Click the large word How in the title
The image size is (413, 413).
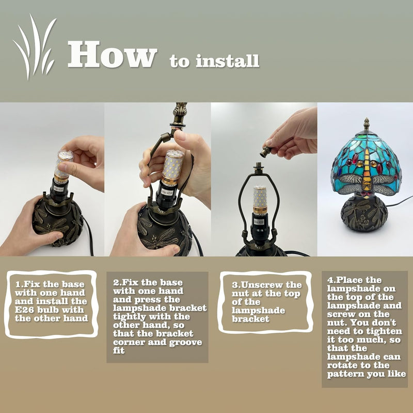[113, 54]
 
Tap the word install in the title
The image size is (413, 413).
[227, 61]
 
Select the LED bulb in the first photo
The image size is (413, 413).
[63, 166]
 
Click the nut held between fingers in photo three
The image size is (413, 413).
[266, 151]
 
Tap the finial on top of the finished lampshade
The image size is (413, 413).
[366, 124]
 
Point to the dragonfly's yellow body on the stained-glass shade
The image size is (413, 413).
[367, 170]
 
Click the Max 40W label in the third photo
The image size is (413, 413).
[259, 222]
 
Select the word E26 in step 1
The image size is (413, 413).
[23, 310]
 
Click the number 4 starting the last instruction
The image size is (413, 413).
[330, 280]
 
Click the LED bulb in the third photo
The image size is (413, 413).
[260, 200]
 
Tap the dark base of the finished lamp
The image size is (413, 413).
[364, 214]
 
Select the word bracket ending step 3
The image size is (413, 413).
[250, 319]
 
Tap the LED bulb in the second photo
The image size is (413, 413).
[172, 167]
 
